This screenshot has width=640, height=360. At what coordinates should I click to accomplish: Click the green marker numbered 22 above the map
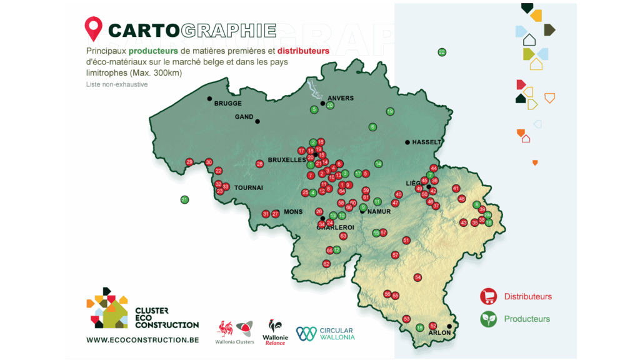click(442, 52)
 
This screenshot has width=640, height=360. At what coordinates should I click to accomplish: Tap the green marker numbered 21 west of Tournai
click(184, 200)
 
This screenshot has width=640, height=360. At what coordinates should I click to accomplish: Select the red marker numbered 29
click(189, 162)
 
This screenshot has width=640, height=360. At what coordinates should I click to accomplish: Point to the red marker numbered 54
click(417, 277)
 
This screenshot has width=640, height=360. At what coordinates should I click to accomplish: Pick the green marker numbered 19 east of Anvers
click(390, 111)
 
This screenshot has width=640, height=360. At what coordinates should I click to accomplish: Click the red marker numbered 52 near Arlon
click(433, 326)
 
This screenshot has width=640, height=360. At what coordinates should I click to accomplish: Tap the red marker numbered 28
click(259, 164)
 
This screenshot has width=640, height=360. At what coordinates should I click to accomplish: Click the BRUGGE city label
click(227, 104)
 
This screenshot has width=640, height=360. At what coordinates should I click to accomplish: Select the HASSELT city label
click(427, 142)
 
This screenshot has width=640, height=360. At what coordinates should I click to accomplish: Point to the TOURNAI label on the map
click(249, 187)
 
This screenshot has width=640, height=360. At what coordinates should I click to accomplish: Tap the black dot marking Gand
click(257, 121)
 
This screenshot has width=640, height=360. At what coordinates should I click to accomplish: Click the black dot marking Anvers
click(322, 103)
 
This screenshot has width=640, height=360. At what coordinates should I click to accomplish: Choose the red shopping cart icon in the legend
click(487, 297)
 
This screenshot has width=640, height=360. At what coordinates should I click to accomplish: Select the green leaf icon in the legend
click(487, 319)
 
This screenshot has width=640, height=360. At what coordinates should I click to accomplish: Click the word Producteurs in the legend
click(527, 319)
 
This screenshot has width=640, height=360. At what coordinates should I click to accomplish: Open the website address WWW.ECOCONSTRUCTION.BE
click(142, 340)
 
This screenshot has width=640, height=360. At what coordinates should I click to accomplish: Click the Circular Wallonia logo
click(325, 334)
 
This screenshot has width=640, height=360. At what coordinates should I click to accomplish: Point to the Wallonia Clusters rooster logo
click(234, 331)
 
